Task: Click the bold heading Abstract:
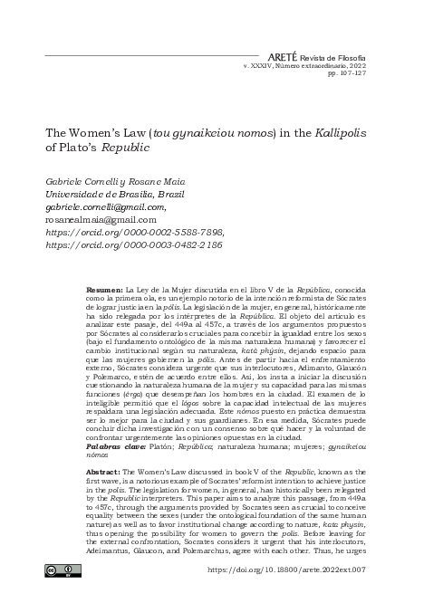tap(103, 472)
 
